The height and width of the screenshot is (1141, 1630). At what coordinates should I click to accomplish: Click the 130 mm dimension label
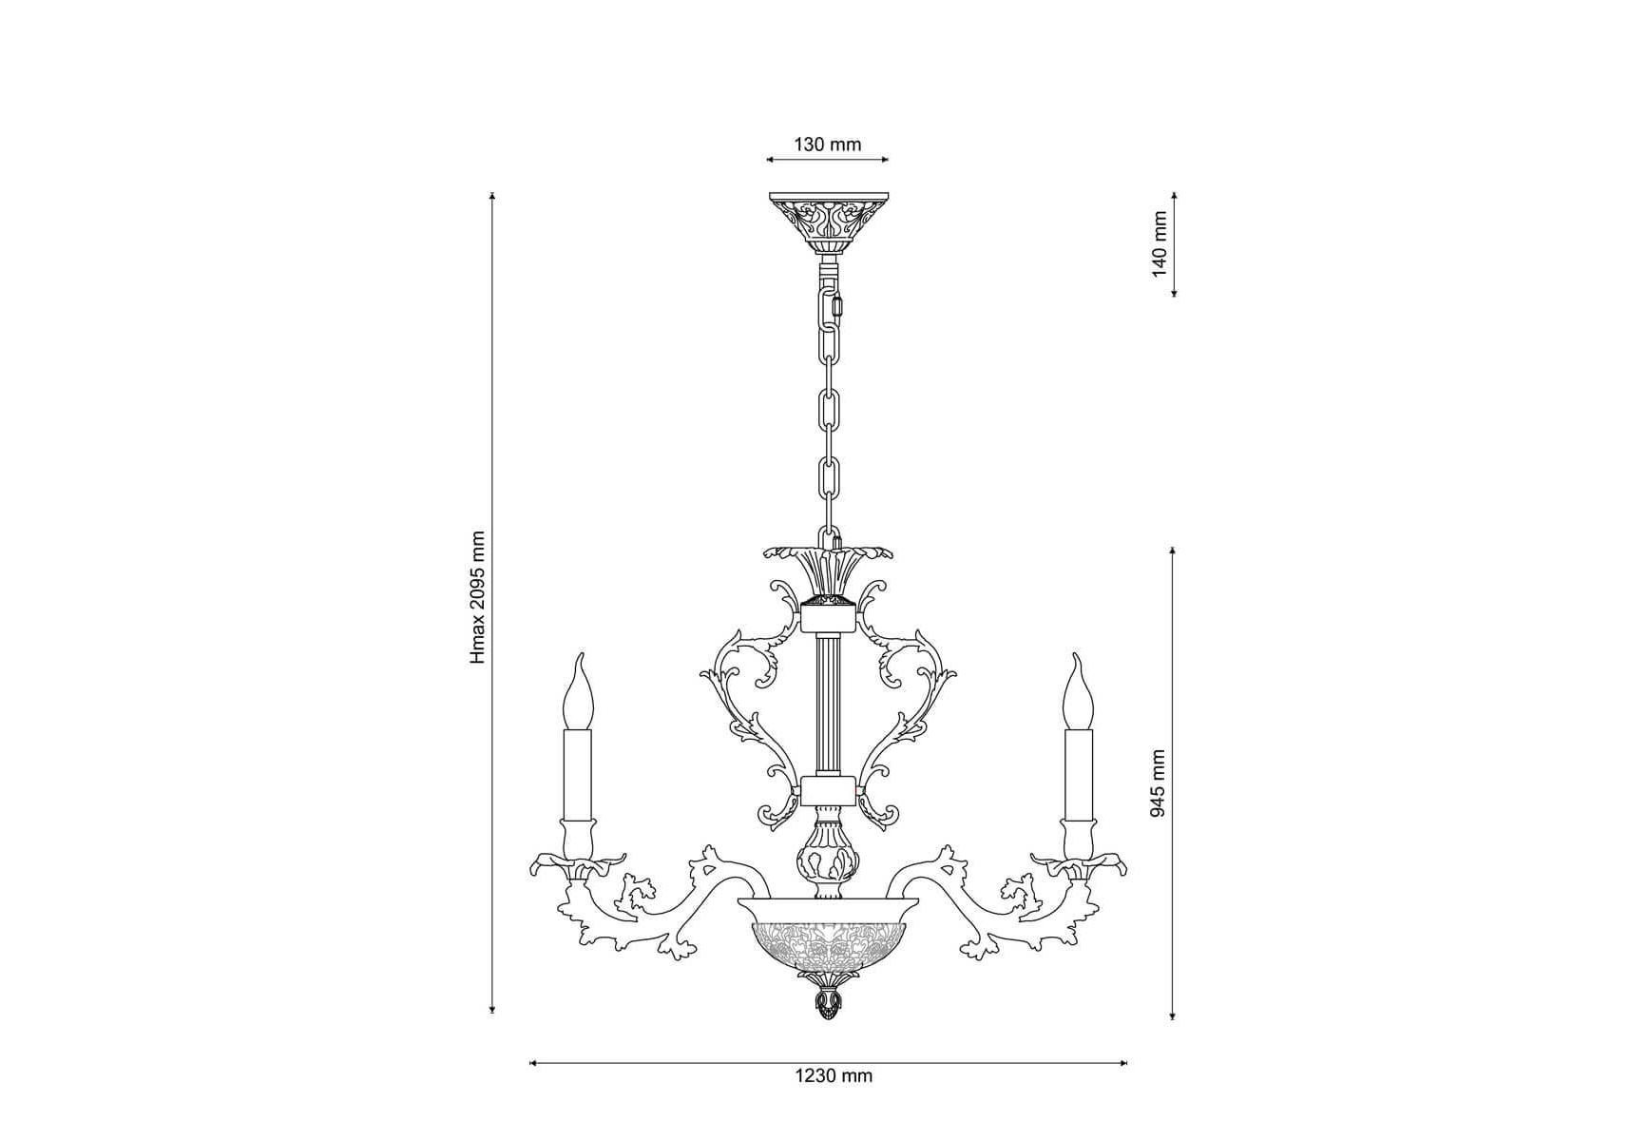(827, 145)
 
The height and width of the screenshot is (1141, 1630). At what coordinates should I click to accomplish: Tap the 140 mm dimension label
(1159, 244)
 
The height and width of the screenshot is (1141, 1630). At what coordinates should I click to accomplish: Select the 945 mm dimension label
(1157, 783)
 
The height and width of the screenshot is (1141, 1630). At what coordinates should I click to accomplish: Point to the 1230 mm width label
(833, 1075)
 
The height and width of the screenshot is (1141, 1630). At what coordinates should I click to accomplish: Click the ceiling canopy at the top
(829, 221)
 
